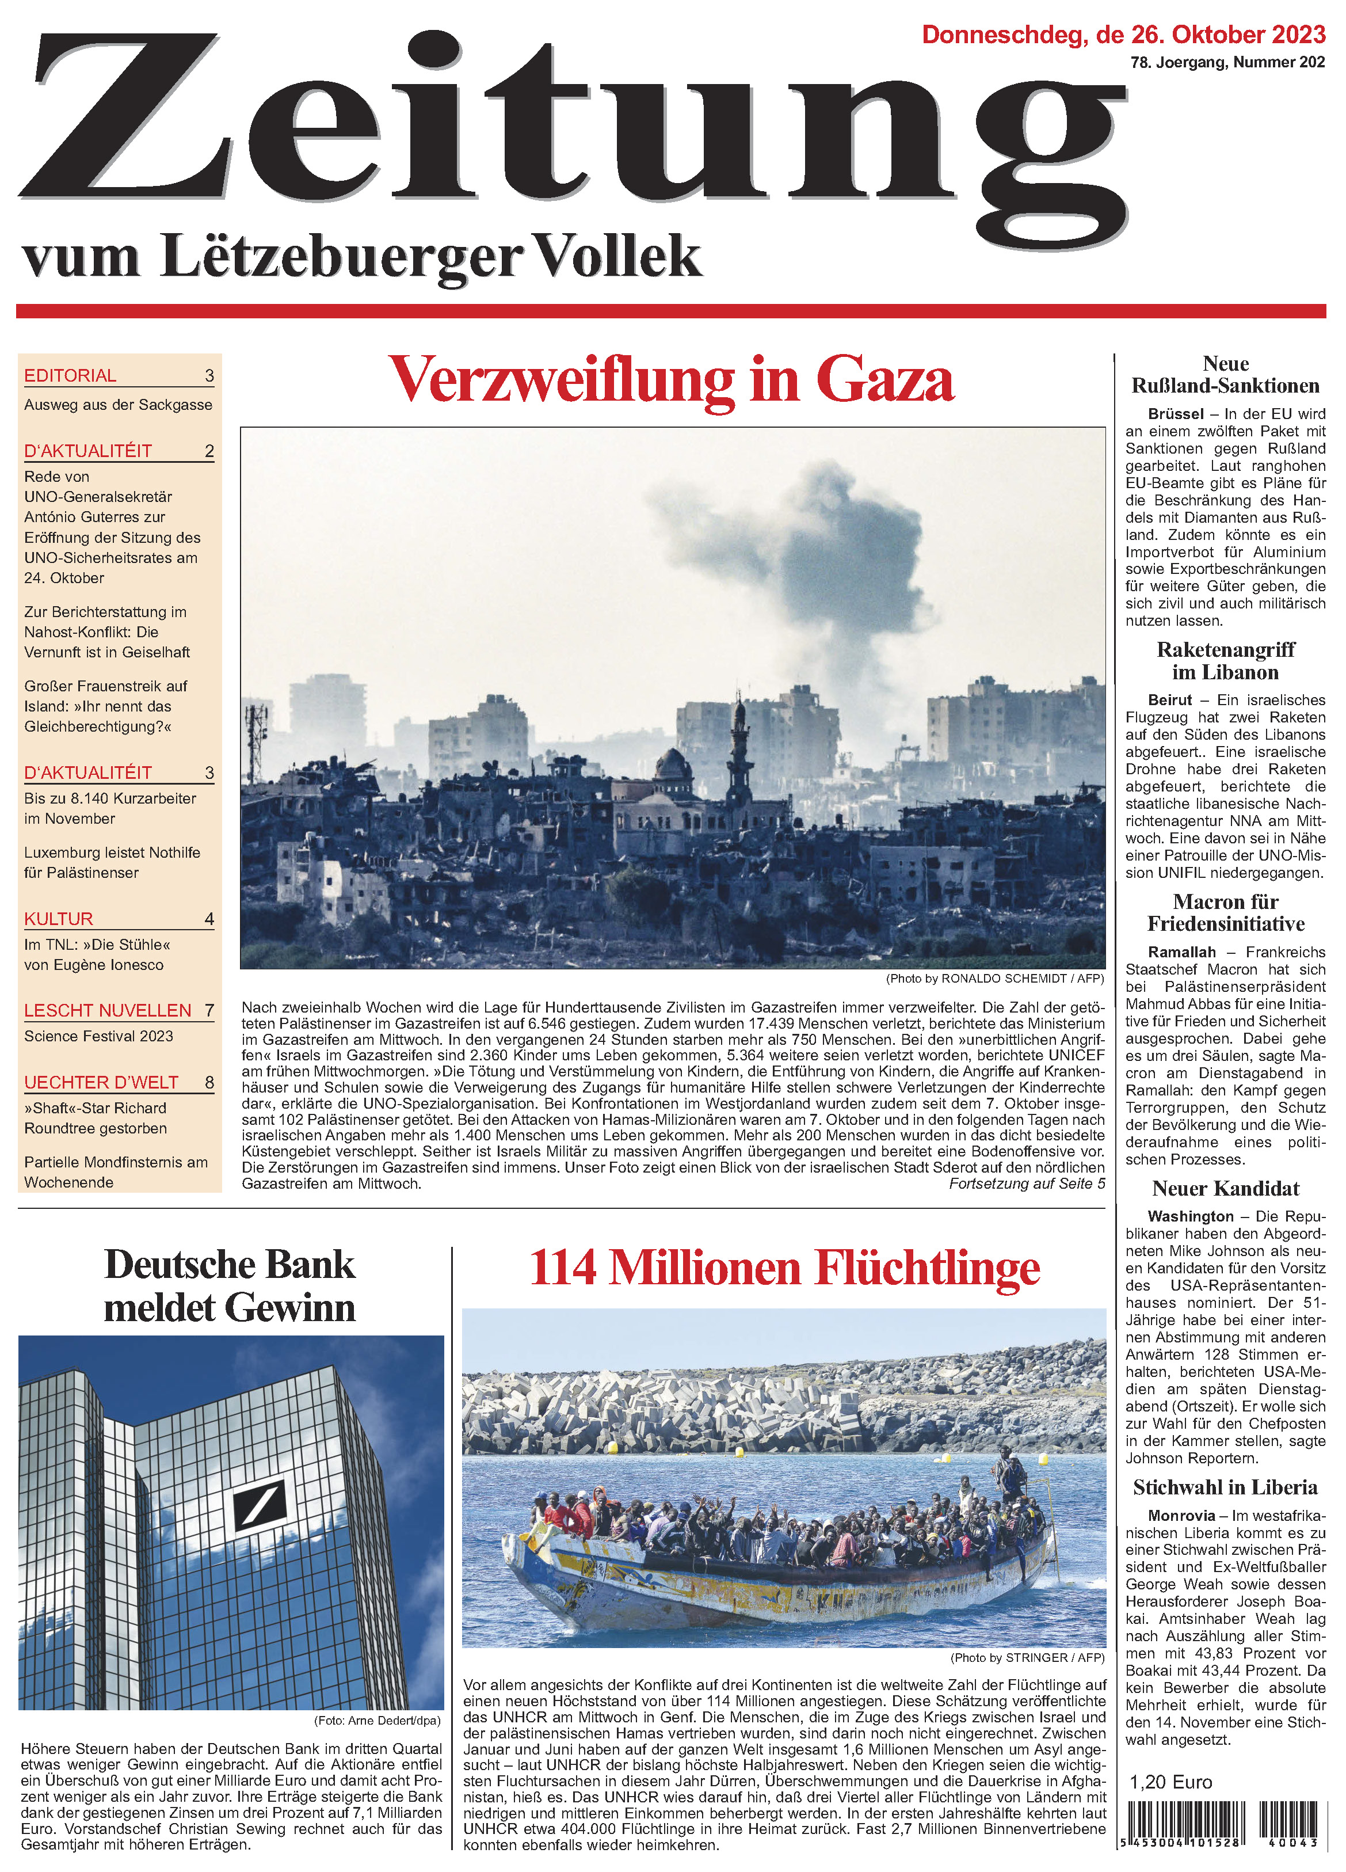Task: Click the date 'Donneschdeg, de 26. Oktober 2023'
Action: pyautogui.click(x=1123, y=35)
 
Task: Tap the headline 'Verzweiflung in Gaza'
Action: pyautogui.click(x=672, y=380)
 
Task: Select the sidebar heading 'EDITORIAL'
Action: pyautogui.click(x=70, y=375)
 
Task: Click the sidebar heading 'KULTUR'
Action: pyautogui.click(x=59, y=919)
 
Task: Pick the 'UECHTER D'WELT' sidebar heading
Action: pyautogui.click(x=101, y=1082)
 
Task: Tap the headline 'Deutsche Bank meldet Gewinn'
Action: pyautogui.click(x=230, y=1286)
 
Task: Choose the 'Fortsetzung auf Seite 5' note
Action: pyautogui.click(x=1026, y=1184)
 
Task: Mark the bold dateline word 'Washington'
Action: pyautogui.click(x=1190, y=1217)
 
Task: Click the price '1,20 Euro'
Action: pyautogui.click(x=1170, y=1782)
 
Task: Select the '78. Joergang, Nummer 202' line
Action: pyautogui.click(x=1227, y=63)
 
